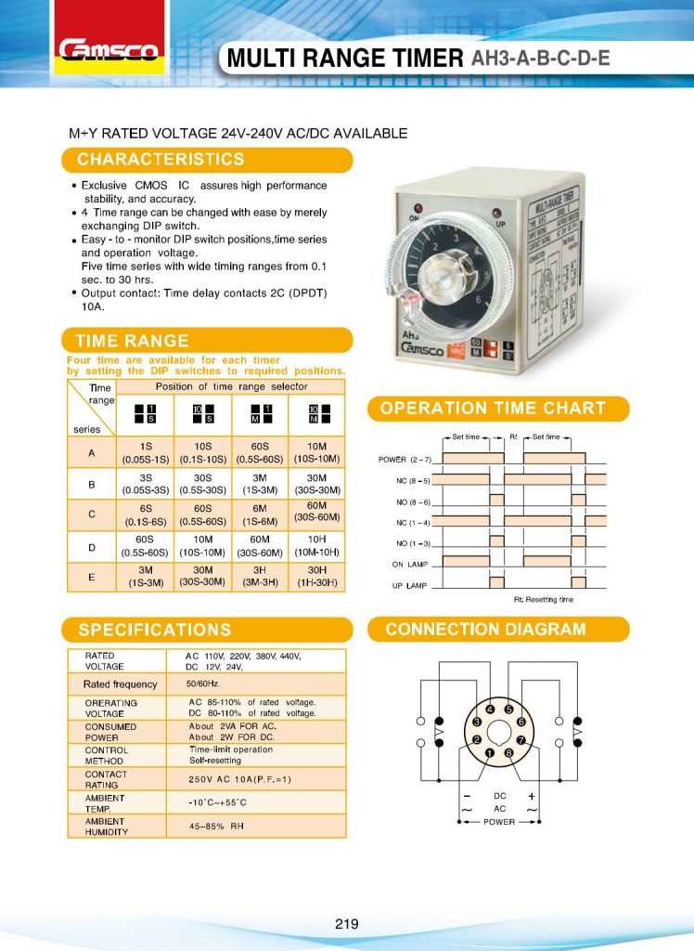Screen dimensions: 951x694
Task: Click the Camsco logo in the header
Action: pos(109,50)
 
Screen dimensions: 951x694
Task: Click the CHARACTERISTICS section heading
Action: pos(161,160)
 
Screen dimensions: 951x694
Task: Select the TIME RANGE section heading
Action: pos(133,340)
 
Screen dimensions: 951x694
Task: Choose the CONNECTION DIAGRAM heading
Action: pos(485,629)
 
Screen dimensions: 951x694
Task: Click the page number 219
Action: pos(347,923)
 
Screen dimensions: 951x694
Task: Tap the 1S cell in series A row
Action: pos(145,447)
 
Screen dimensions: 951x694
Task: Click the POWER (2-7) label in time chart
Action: pos(405,460)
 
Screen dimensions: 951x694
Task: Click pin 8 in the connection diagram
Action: pos(508,751)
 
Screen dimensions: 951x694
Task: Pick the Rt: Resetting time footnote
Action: pos(544,600)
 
